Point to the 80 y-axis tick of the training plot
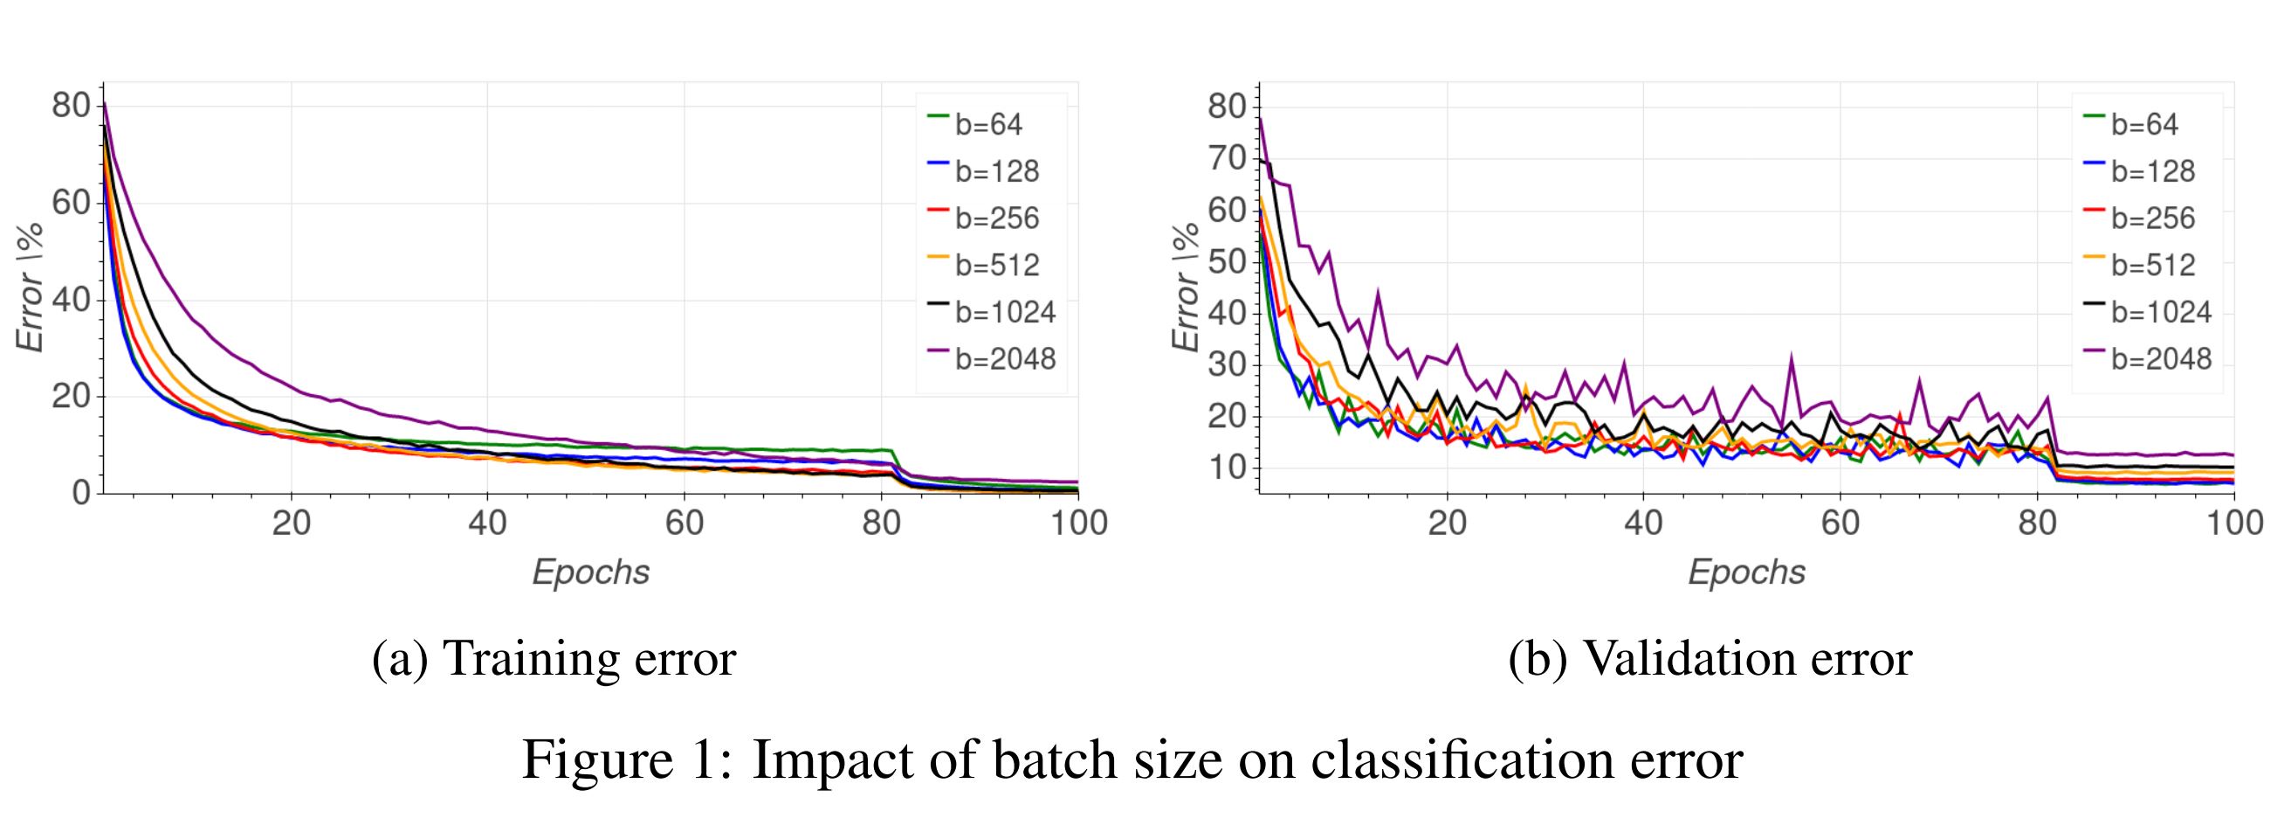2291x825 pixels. click(71, 107)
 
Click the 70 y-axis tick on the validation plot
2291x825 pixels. click(1227, 158)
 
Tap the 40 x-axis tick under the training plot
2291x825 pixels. click(487, 523)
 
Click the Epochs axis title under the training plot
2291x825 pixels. click(590, 572)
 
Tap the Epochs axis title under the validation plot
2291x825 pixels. click(1747, 572)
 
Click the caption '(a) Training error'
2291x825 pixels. click(554, 660)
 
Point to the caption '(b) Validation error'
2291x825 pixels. click(1710, 660)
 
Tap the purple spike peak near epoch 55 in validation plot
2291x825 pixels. click(1792, 357)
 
